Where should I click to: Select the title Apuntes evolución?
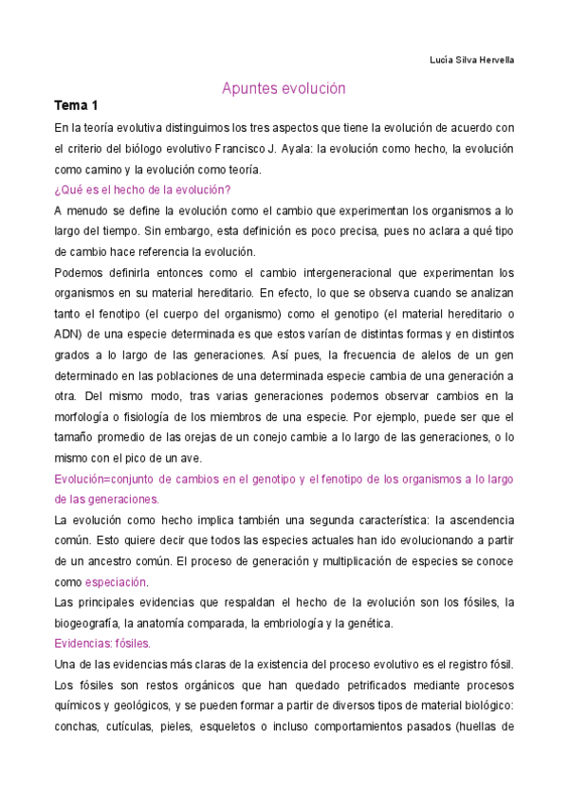(284, 88)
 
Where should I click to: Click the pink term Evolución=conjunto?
(105, 480)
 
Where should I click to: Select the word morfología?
(83, 417)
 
